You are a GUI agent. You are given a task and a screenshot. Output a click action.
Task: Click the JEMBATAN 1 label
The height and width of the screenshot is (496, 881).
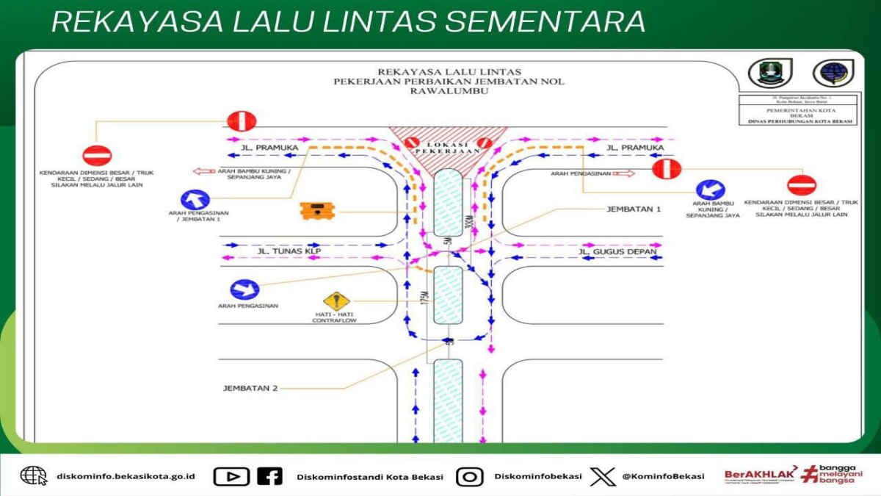point(634,209)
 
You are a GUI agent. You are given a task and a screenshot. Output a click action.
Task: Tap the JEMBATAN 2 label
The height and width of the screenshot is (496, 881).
point(250,388)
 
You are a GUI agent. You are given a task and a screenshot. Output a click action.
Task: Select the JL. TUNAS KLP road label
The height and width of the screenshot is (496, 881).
point(289,251)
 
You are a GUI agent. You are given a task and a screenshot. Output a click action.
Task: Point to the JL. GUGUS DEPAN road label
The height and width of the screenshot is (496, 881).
point(617,252)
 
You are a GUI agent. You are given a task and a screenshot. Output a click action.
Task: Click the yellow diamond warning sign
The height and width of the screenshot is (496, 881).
point(336,301)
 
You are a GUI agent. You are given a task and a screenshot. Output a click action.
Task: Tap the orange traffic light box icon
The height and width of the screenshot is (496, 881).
point(318,211)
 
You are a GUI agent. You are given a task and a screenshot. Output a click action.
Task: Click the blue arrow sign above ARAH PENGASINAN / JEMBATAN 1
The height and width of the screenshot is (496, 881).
point(195,198)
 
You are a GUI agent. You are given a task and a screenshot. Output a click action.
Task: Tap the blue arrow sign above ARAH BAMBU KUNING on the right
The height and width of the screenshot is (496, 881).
point(710,190)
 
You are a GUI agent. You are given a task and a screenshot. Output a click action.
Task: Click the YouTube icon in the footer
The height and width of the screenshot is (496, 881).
point(231,476)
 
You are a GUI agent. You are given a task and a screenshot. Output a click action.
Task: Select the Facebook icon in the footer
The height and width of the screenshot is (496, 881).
point(269,476)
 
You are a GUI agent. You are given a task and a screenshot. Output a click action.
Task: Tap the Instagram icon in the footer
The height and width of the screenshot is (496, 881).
point(469,476)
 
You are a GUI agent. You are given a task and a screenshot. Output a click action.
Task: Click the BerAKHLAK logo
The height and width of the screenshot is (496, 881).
point(761,475)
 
